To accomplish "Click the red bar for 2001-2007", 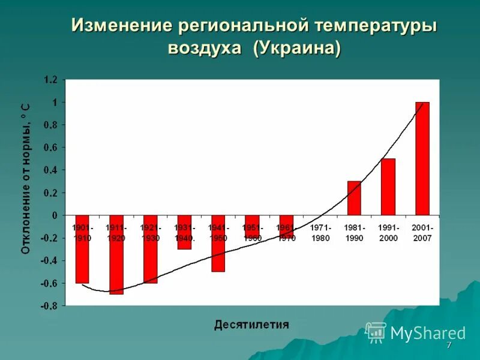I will coord(422,158).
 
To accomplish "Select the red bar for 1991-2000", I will coord(388,187).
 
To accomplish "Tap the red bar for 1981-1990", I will coord(354,198).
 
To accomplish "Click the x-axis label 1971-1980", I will coord(320,233).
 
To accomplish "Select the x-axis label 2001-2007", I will coord(422,233).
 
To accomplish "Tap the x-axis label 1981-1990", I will coord(354,233).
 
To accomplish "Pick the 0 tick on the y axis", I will coord(55,215).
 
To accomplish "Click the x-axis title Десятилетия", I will coord(251,325).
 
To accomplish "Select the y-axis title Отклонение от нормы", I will coord(26,178).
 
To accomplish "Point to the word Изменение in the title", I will coord(119,26).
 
